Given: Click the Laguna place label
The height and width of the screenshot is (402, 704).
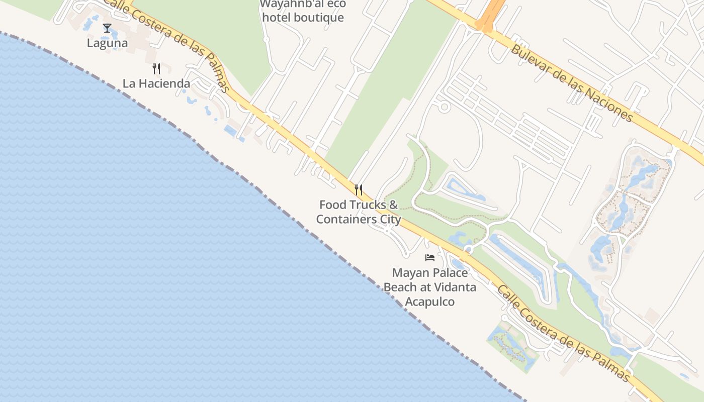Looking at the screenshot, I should click(x=107, y=43).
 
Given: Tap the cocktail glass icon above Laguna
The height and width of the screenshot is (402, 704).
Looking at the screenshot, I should click(x=107, y=28).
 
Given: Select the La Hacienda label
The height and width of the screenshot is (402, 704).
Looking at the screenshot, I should click(x=156, y=83).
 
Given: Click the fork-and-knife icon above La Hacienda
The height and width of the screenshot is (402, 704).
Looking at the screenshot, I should click(x=156, y=69).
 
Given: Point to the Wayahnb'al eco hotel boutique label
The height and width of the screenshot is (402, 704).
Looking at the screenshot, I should click(x=302, y=11).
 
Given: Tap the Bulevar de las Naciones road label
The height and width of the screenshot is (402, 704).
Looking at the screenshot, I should click(x=572, y=83).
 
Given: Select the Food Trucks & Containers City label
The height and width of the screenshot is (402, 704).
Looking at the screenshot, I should click(x=359, y=212).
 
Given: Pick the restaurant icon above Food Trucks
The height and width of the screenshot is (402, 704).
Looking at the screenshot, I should click(x=359, y=190).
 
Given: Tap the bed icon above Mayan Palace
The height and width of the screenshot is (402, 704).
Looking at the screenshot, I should click(x=430, y=258).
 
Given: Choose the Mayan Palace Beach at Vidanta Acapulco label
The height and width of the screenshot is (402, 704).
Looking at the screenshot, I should click(x=430, y=287).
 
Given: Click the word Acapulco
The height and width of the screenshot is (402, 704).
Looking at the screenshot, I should click(x=430, y=302).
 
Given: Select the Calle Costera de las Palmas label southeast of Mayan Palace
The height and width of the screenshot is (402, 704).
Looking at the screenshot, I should click(x=563, y=333).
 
